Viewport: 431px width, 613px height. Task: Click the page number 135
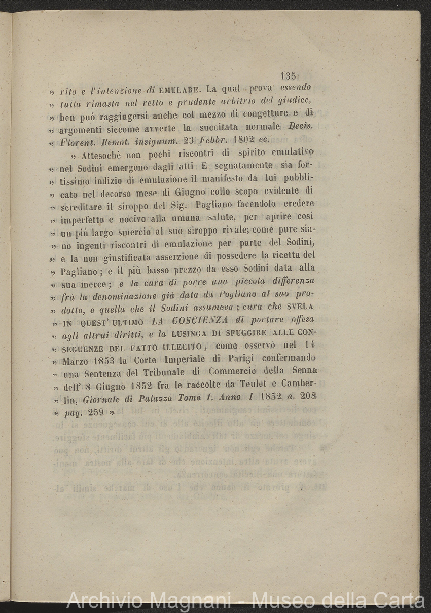click(x=288, y=76)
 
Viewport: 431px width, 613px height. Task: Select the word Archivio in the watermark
click(x=104, y=601)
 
